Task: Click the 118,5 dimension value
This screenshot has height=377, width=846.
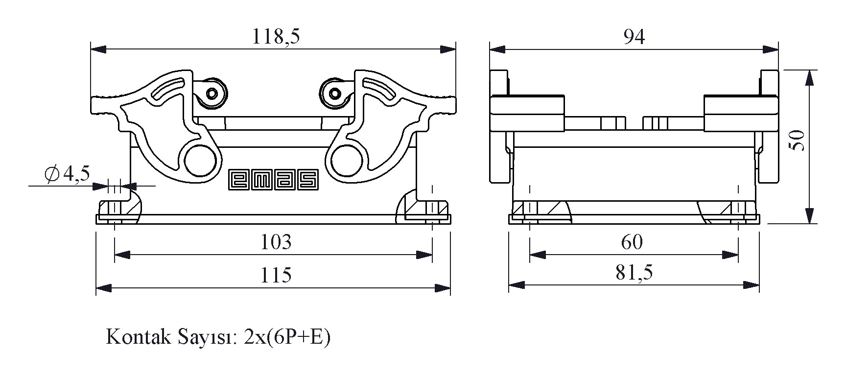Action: click(x=276, y=37)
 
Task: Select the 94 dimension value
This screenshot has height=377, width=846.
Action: click(x=634, y=37)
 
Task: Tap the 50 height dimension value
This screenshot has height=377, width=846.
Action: click(x=798, y=141)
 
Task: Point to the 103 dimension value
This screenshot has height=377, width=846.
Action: click(x=276, y=242)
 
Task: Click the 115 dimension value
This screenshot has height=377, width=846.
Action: click(x=276, y=275)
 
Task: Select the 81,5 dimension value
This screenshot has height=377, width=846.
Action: click(x=634, y=273)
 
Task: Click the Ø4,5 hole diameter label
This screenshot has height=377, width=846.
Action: click(x=67, y=173)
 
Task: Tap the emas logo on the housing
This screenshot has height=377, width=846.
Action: click(x=274, y=179)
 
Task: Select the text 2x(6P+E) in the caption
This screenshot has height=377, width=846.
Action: click(x=286, y=337)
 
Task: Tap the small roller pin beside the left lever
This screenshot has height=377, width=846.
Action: click(x=212, y=93)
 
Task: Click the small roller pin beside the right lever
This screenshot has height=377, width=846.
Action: click(x=335, y=93)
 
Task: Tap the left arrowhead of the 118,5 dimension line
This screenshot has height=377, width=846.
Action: click(x=98, y=49)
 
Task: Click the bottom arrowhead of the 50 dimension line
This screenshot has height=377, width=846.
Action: click(x=810, y=215)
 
